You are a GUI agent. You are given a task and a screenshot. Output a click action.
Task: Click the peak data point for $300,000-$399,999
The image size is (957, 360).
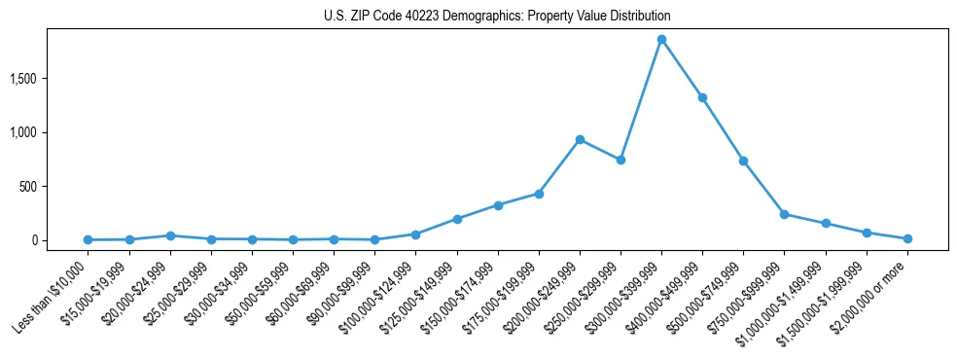[x=661, y=40]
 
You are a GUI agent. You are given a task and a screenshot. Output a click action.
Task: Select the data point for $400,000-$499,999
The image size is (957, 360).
[x=702, y=97]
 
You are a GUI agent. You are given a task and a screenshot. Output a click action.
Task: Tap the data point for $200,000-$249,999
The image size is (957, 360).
[x=580, y=139]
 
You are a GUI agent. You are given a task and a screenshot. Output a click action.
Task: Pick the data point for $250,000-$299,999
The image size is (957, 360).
[x=620, y=160]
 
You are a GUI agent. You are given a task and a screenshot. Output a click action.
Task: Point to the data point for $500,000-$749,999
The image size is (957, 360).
[x=743, y=161]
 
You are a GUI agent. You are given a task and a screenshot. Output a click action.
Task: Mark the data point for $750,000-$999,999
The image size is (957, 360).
[x=784, y=214]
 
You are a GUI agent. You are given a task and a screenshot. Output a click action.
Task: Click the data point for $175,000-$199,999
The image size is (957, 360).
[x=539, y=194]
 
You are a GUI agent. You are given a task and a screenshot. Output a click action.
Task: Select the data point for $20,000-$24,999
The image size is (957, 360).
[x=170, y=235]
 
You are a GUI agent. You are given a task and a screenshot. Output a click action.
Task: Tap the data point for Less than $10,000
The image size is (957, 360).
[x=89, y=239]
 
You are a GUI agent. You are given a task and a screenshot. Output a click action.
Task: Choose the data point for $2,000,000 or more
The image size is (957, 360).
[x=907, y=238]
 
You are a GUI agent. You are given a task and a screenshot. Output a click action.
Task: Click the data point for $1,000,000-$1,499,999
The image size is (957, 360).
[x=826, y=224]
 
